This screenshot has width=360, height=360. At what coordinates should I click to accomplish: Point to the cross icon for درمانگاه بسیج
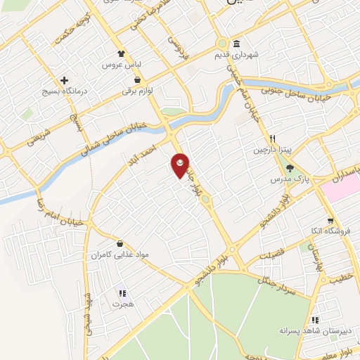(x=64, y=81)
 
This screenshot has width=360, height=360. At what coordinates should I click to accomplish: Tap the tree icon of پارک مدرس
(x=289, y=167)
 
